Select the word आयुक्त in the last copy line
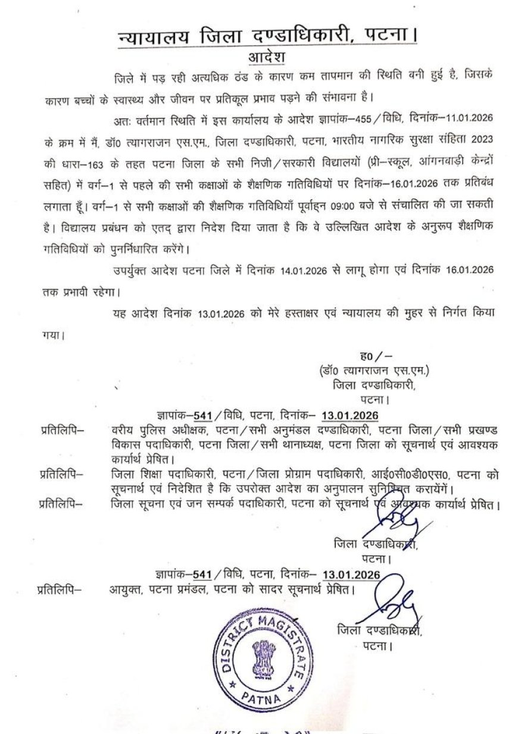[127, 591]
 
